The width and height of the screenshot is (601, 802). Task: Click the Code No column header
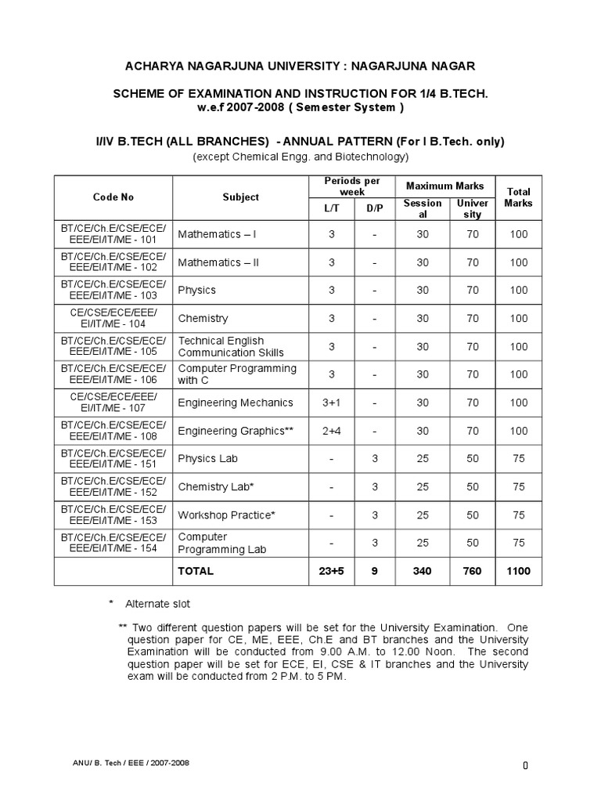(x=113, y=197)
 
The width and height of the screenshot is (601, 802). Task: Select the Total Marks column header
(x=518, y=197)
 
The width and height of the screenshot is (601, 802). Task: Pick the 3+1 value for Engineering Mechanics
(x=329, y=403)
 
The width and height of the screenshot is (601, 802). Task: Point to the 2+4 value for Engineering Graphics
(x=329, y=431)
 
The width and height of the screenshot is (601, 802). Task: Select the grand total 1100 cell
(x=518, y=572)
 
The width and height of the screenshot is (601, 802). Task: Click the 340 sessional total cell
(x=423, y=572)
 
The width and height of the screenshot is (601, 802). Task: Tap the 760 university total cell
(x=472, y=572)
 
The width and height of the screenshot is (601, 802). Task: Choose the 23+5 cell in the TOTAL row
(x=329, y=572)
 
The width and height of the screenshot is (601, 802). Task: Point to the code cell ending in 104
(x=113, y=318)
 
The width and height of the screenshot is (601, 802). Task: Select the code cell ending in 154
(x=113, y=543)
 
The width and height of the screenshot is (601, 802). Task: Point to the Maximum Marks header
(x=444, y=186)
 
